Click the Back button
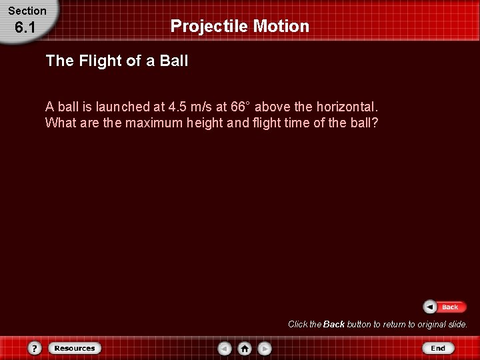pos(442,307)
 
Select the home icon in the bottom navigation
pos(245,348)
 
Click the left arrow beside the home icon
pos(225,348)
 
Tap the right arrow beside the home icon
pos(265,348)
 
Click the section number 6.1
pos(25,27)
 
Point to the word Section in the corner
pos(27,11)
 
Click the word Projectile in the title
pos(208,27)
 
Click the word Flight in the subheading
pos(99,61)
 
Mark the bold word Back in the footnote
pos(334,325)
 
